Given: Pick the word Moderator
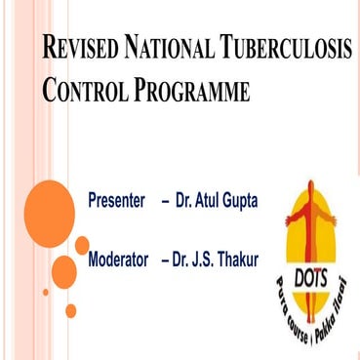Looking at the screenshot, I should click(x=120, y=260).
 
